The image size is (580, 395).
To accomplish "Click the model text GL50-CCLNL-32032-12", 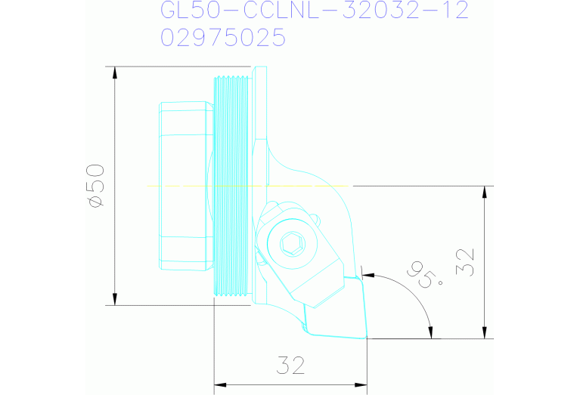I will [x=315, y=11].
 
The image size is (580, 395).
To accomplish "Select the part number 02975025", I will [x=223, y=37].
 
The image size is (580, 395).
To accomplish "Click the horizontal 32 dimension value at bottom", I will [x=290, y=366].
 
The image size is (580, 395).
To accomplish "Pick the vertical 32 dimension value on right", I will [x=468, y=261].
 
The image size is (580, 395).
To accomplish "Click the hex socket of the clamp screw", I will [x=290, y=243].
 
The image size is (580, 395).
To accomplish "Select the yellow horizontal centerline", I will [x=250, y=185].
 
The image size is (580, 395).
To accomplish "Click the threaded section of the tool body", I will [x=231, y=186].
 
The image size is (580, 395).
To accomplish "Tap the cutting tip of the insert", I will [x=365, y=338].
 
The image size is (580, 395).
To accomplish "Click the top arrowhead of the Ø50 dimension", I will [x=115, y=73].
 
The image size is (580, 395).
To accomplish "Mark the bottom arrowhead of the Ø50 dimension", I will [x=115, y=300].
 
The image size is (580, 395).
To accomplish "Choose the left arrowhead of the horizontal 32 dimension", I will [x=220, y=385].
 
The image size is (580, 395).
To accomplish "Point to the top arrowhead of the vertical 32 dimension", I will [x=484, y=191].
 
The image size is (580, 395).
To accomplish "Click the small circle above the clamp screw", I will [x=316, y=221].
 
